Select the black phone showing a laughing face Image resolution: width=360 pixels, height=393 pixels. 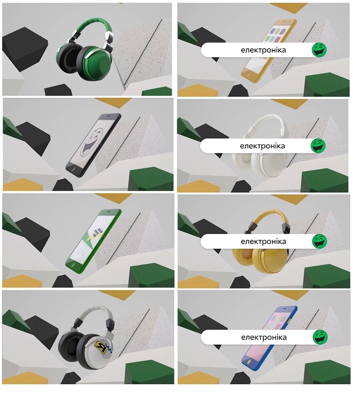[93, 146]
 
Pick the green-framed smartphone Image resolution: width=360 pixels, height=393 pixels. [93, 241]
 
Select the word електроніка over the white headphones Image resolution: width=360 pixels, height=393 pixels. [262, 146]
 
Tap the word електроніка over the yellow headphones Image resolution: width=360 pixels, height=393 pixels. [263, 241]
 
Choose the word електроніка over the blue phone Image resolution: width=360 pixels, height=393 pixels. [264, 337]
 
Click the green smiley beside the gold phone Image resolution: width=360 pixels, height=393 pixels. [319, 49]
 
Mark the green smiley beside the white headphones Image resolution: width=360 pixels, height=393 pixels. [318, 146]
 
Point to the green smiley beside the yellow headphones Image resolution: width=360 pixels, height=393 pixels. [320, 241]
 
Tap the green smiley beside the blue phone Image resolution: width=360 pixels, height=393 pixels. [320, 337]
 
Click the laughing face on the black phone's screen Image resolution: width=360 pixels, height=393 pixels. [93, 142]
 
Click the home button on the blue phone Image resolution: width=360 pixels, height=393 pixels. [249, 362]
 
